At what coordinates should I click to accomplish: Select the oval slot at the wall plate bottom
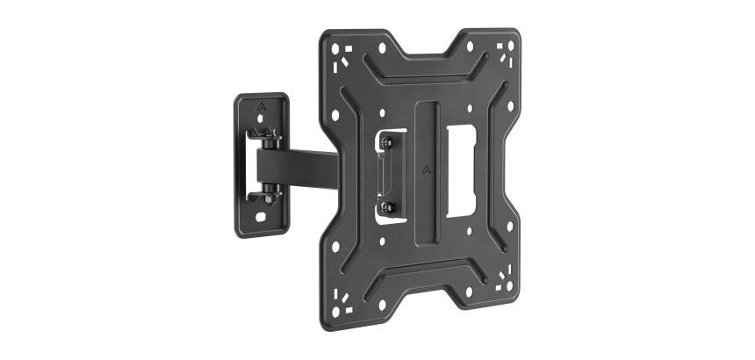262,213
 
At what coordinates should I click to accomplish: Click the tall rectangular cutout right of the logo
460,170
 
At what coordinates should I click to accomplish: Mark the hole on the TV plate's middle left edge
335,113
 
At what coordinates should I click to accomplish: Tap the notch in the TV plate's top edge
418,42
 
